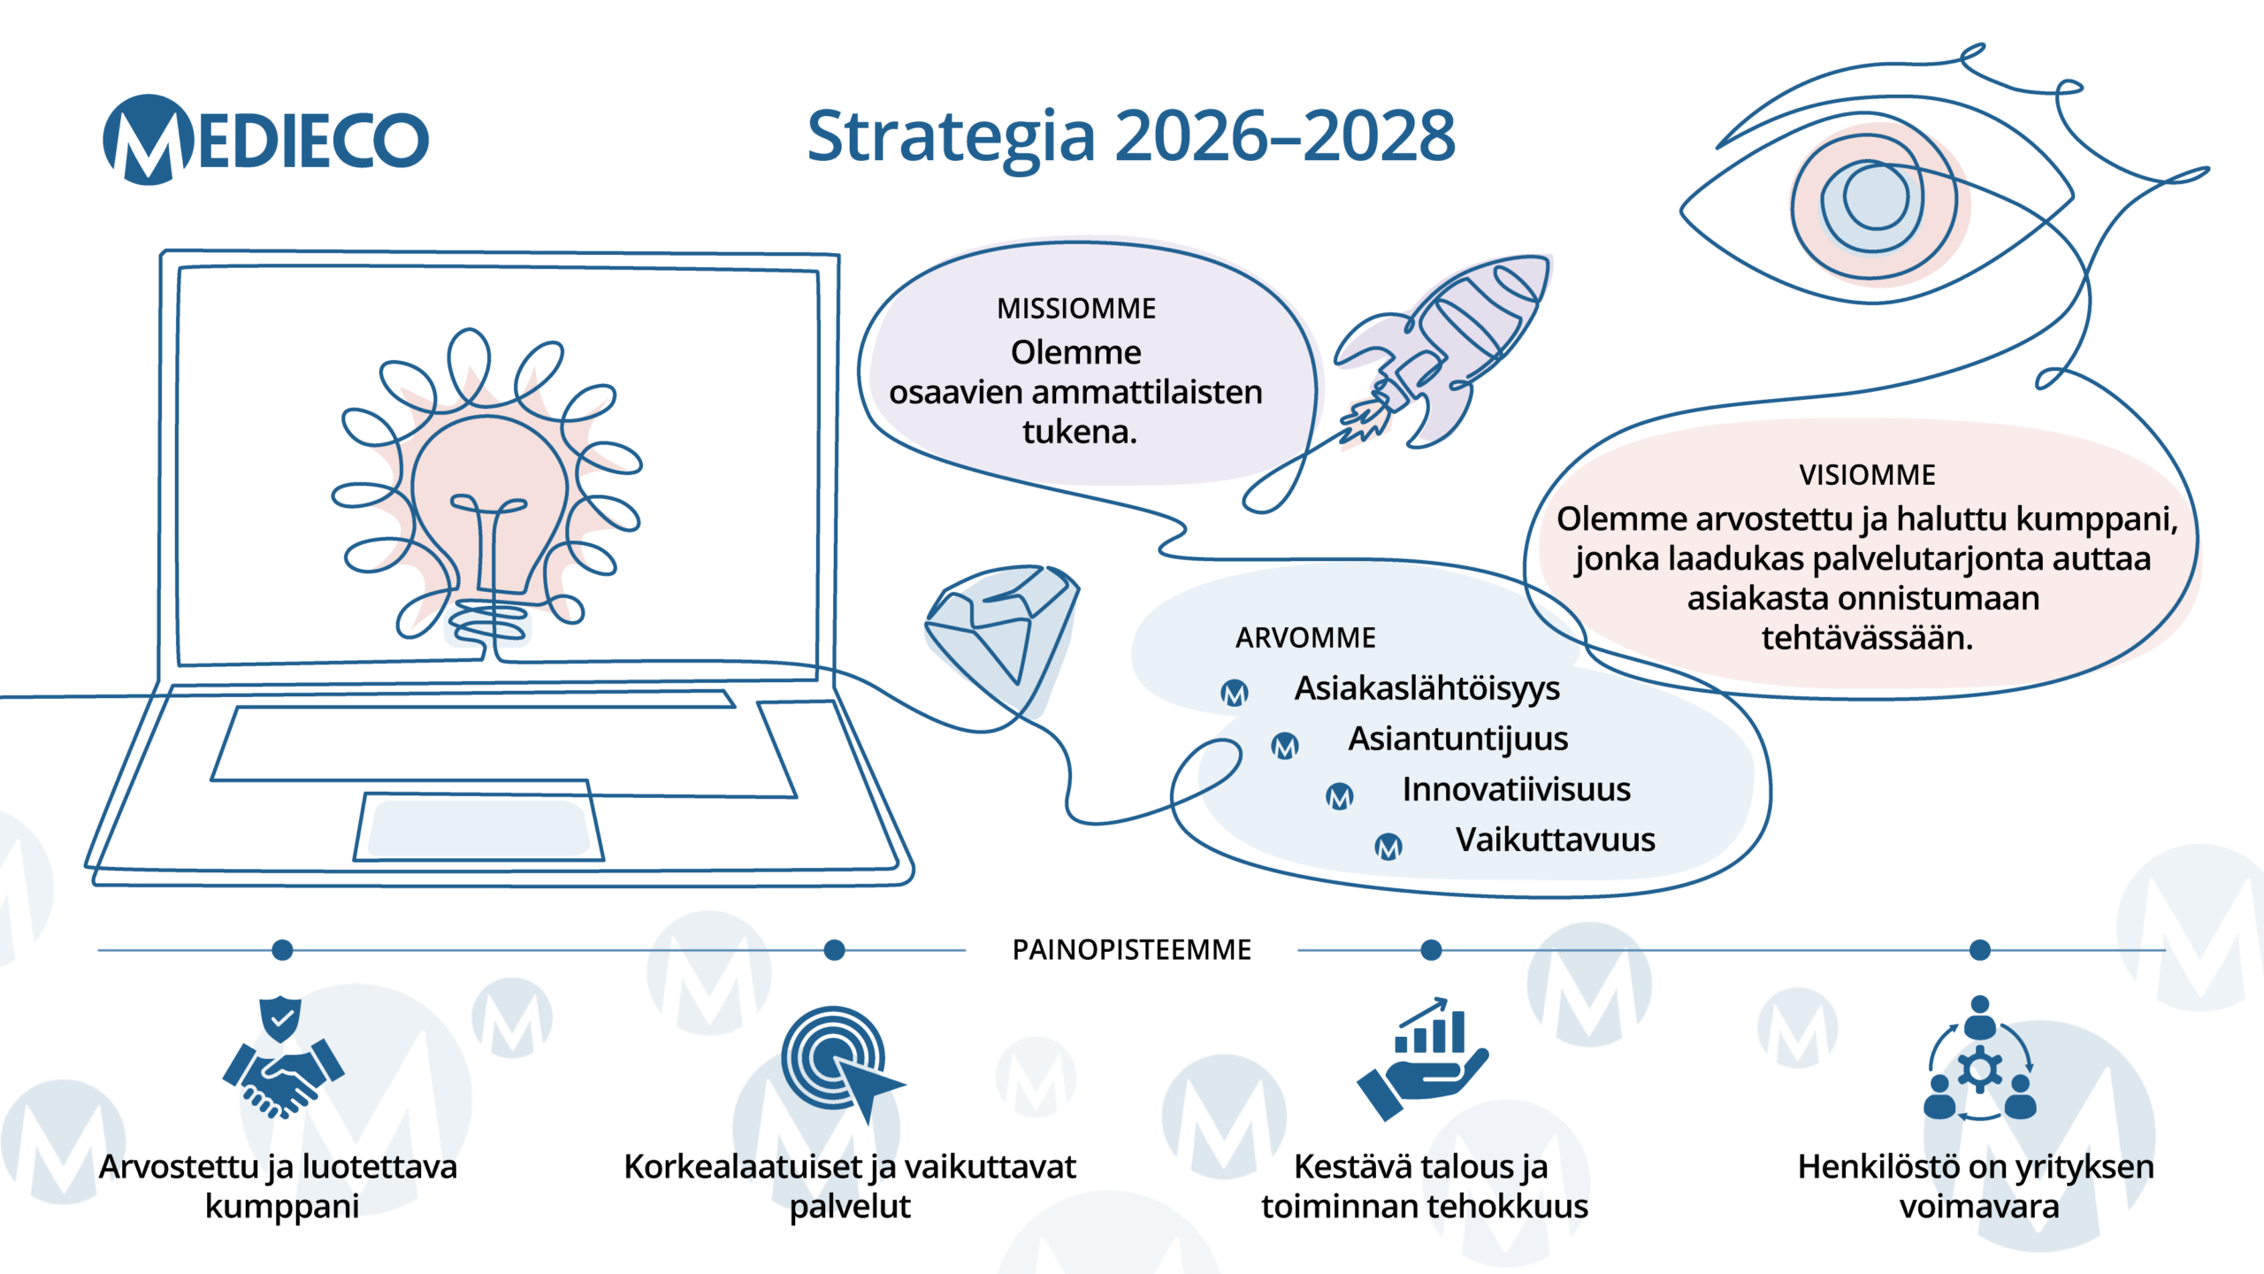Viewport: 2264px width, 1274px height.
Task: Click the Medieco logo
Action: (x=265, y=140)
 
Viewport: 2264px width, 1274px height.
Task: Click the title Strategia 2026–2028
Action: (x=1131, y=136)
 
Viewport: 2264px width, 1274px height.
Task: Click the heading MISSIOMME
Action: (x=1076, y=309)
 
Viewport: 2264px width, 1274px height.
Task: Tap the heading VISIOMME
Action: (x=1867, y=475)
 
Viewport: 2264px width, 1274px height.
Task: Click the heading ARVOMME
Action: (x=1305, y=638)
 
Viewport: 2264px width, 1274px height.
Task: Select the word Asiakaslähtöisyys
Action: (x=1426, y=688)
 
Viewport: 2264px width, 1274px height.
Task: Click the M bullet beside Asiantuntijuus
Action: (x=1285, y=746)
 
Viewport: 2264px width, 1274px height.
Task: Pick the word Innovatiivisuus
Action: (x=1516, y=789)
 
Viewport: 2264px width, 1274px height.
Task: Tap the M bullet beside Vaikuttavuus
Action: (x=1388, y=847)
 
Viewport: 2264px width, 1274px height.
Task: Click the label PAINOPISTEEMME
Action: (x=1131, y=950)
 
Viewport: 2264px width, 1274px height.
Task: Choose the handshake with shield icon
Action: (x=282, y=1057)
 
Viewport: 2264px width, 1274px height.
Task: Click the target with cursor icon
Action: (x=840, y=1062)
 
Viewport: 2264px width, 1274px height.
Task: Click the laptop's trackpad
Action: (x=478, y=828)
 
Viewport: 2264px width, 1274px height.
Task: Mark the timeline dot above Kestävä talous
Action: (x=1431, y=950)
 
